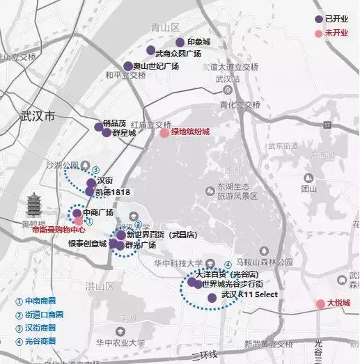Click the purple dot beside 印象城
(x=180, y=42)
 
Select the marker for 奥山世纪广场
(x=127, y=66)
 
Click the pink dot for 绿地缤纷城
(x=164, y=133)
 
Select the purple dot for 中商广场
(x=77, y=213)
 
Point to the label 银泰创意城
(x=87, y=244)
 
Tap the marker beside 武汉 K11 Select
(x=212, y=297)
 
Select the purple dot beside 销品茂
(x=98, y=127)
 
